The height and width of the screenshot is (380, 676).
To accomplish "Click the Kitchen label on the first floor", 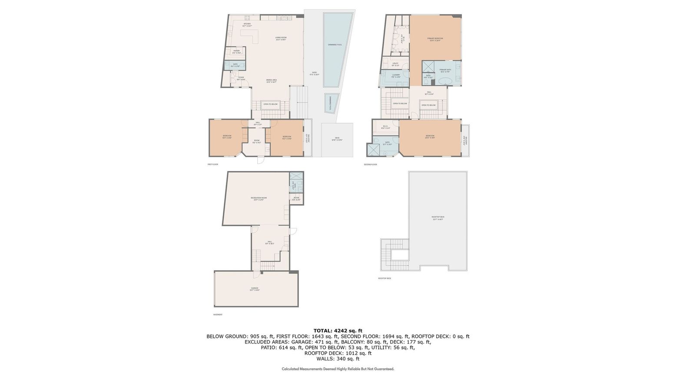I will click(247, 25).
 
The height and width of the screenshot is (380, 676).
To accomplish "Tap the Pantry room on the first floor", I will click(236, 52).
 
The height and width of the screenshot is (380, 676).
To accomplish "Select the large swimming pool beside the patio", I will click(335, 46).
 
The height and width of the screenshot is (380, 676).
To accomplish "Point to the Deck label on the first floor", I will click(337, 139).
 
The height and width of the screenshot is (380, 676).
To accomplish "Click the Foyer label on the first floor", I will click(241, 78).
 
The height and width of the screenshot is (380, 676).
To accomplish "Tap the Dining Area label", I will click(272, 81).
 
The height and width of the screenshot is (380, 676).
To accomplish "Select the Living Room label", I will click(281, 38).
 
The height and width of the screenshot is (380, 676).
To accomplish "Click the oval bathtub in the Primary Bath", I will click(445, 81).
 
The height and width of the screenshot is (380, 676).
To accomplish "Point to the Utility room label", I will click(395, 64).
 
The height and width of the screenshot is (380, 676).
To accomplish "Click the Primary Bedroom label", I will click(436, 40).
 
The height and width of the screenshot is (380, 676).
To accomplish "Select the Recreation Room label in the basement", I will click(258, 198).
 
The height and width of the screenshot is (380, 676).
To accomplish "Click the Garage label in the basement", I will click(255, 289).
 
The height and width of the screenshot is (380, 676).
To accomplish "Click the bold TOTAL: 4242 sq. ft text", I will click(338, 330).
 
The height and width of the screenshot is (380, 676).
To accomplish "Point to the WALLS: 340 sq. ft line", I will click(338, 359).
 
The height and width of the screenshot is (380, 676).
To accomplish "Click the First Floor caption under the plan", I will click(213, 165).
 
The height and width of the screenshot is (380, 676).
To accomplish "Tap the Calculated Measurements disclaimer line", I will click(338, 369).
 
